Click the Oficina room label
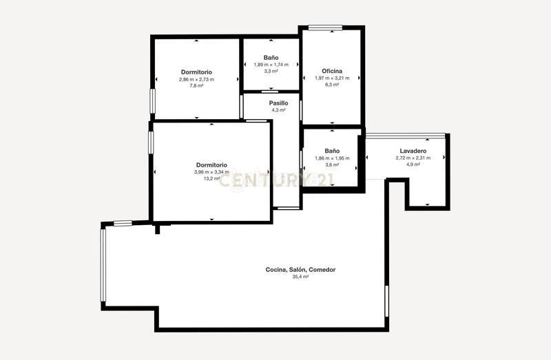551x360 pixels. (x=332, y=71)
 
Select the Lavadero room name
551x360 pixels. (x=413, y=151)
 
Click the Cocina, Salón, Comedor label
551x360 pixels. (x=300, y=269)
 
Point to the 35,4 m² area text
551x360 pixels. (x=300, y=277)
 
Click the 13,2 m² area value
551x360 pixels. (x=211, y=179)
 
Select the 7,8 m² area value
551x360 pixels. (x=196, y=86)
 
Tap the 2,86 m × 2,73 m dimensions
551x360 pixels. (x=196, y=79)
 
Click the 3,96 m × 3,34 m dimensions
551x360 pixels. (x=211, y=172)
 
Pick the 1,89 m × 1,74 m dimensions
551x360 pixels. (x=270, y=65)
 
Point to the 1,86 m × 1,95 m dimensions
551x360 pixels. (x=332, y=158)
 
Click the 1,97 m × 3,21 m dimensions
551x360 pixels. (x=332, y=78)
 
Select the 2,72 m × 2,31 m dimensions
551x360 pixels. (x=413, y=158)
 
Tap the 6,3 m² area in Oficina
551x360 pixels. (x=332, y=85)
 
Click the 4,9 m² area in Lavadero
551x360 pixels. (x=413, y=165)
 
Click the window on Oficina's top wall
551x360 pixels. (x=325, y=28)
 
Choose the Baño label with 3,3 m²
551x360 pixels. (x=270, y=58)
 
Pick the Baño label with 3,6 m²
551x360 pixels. (x=332, y=151)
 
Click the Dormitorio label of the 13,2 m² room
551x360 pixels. (x=211, y=165)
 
